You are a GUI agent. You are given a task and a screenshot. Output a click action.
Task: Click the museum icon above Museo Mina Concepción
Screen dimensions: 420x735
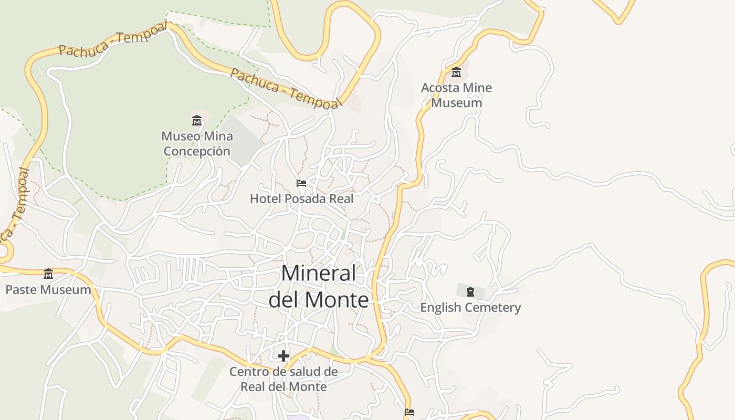click(197, 121)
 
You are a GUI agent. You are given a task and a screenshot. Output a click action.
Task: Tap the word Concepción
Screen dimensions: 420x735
click(197, 151)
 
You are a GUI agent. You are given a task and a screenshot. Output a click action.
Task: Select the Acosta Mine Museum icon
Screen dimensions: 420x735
click(456, 72)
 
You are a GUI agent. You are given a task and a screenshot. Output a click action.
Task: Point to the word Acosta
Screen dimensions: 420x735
click(441, 88)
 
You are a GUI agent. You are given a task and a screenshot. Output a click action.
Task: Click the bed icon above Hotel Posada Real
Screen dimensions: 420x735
click(301, 183)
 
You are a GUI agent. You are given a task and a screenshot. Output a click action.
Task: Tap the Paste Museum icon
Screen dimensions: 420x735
click(48, 274)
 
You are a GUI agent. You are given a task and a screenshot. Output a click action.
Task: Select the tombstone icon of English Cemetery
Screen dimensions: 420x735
click(470, 292)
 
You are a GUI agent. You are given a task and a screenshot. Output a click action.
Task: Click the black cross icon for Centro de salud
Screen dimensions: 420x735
click(283, 356)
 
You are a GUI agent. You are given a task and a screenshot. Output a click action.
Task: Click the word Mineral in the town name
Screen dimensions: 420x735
click(319, 274)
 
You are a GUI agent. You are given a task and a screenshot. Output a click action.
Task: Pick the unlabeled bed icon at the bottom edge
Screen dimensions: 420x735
click(409, 412)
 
